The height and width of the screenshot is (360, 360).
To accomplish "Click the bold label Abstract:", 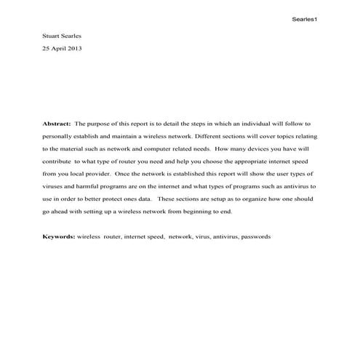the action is click(57, 124).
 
